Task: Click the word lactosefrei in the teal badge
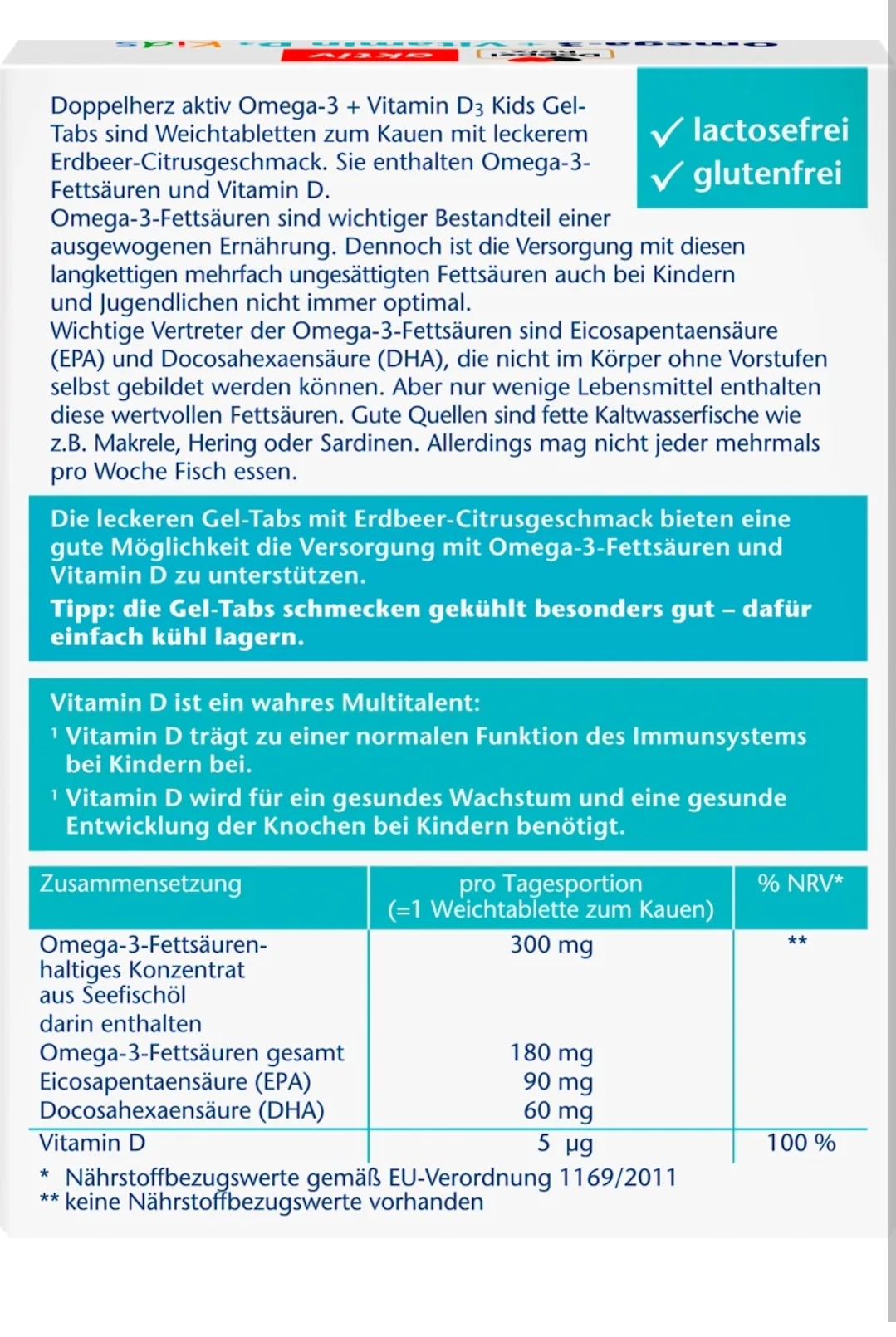(x=771, y=130)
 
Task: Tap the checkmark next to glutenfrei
(x=667, y=175)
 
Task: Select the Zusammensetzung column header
(x=140, y=884)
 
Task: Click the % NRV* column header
(x=800, y=884)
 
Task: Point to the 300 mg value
(x=551, y=945)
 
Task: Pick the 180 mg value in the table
(x=551, y=1053)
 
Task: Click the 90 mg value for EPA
(x=558, y=1082)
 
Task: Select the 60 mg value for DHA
(x=558, y=1110)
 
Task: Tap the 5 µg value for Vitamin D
(x=565, y=1144)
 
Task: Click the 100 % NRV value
(x=801, y=1144)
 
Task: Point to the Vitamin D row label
(x=92, y=1144)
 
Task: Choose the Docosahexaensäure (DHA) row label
(x=182, y=1110)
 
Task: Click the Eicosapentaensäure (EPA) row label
(x=175, y=1082)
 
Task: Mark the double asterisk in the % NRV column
(x=797, y=942)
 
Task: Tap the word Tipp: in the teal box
(x=83, y=609)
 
